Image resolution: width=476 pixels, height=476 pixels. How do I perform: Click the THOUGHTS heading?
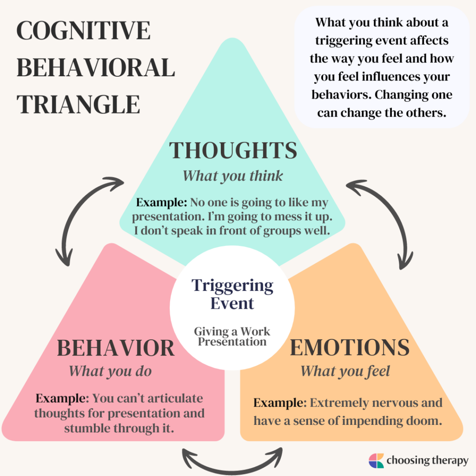coord(233,151)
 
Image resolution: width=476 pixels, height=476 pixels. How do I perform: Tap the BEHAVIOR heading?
coord(116,348)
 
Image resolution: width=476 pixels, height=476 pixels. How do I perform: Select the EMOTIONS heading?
coord(350,348)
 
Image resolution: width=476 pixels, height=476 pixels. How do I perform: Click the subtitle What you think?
coord(232,176)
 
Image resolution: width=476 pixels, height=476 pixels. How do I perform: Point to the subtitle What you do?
coord(110,371)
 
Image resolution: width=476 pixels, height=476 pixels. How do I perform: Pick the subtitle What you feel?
coord(345,371)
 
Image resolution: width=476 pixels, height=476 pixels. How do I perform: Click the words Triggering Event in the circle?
coord(232,294)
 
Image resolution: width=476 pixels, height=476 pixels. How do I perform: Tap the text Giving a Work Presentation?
coord(231,337)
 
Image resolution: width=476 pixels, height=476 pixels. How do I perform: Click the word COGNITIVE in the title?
coord(84,32)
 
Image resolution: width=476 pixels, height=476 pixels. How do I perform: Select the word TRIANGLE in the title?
coord(78,105)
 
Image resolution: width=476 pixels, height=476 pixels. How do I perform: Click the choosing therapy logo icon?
coord(376,461)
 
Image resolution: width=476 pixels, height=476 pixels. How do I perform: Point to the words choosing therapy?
coord(426,461)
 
